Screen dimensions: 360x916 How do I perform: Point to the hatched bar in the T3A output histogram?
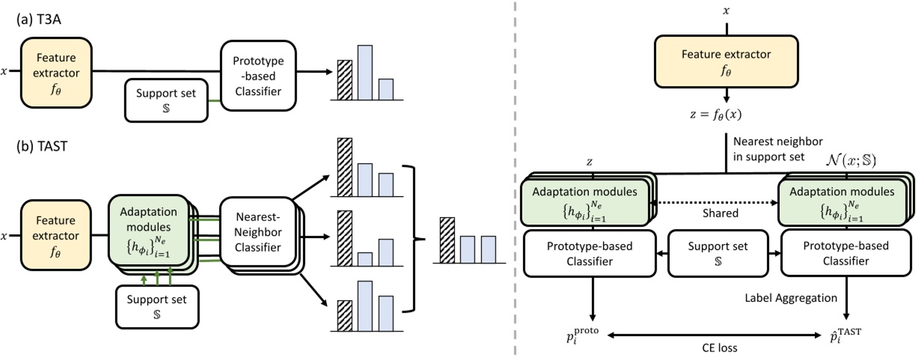pyautogui.click(x=344, y=75)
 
